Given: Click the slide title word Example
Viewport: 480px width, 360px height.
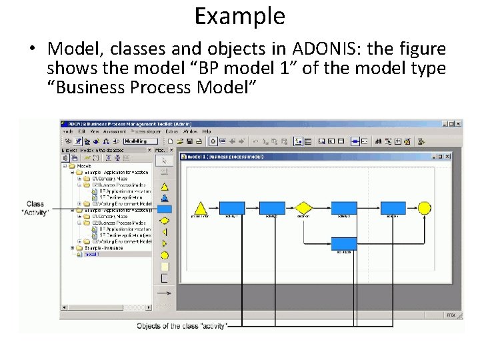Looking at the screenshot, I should coord(239,15).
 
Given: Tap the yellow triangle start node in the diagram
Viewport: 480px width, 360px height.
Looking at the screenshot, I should coord(200,207).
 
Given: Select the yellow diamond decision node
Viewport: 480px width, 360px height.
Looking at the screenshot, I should coord(304,207).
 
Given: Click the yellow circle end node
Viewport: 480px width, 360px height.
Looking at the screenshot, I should coord(424,207).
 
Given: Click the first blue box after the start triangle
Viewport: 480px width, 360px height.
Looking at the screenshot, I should coord(232,207).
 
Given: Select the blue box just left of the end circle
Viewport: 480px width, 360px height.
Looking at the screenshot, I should coord(393,207).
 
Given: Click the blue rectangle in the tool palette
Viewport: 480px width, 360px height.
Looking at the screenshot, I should coord(164,209).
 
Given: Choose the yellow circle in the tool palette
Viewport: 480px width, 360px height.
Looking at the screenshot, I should coord(164,255).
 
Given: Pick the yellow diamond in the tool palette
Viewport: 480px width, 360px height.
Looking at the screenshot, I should coord(164,220).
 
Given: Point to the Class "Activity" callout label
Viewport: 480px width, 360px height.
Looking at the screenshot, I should coord(35,208).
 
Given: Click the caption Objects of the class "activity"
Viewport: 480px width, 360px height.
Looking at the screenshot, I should coord(182,325).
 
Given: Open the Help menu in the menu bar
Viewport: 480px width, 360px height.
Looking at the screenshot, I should coord(207,131).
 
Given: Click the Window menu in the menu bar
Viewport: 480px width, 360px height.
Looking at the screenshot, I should coord(191,131).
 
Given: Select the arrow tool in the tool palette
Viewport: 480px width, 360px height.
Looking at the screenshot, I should coord(164,160).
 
